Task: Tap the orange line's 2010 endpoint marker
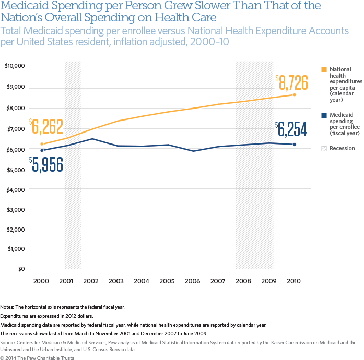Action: tap(295, 94)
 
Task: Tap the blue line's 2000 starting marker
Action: tap(42, 150)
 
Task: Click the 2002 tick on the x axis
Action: tap(91, 281)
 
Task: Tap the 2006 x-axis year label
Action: tap(193, 281)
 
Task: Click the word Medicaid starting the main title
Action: tap(23, 7)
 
